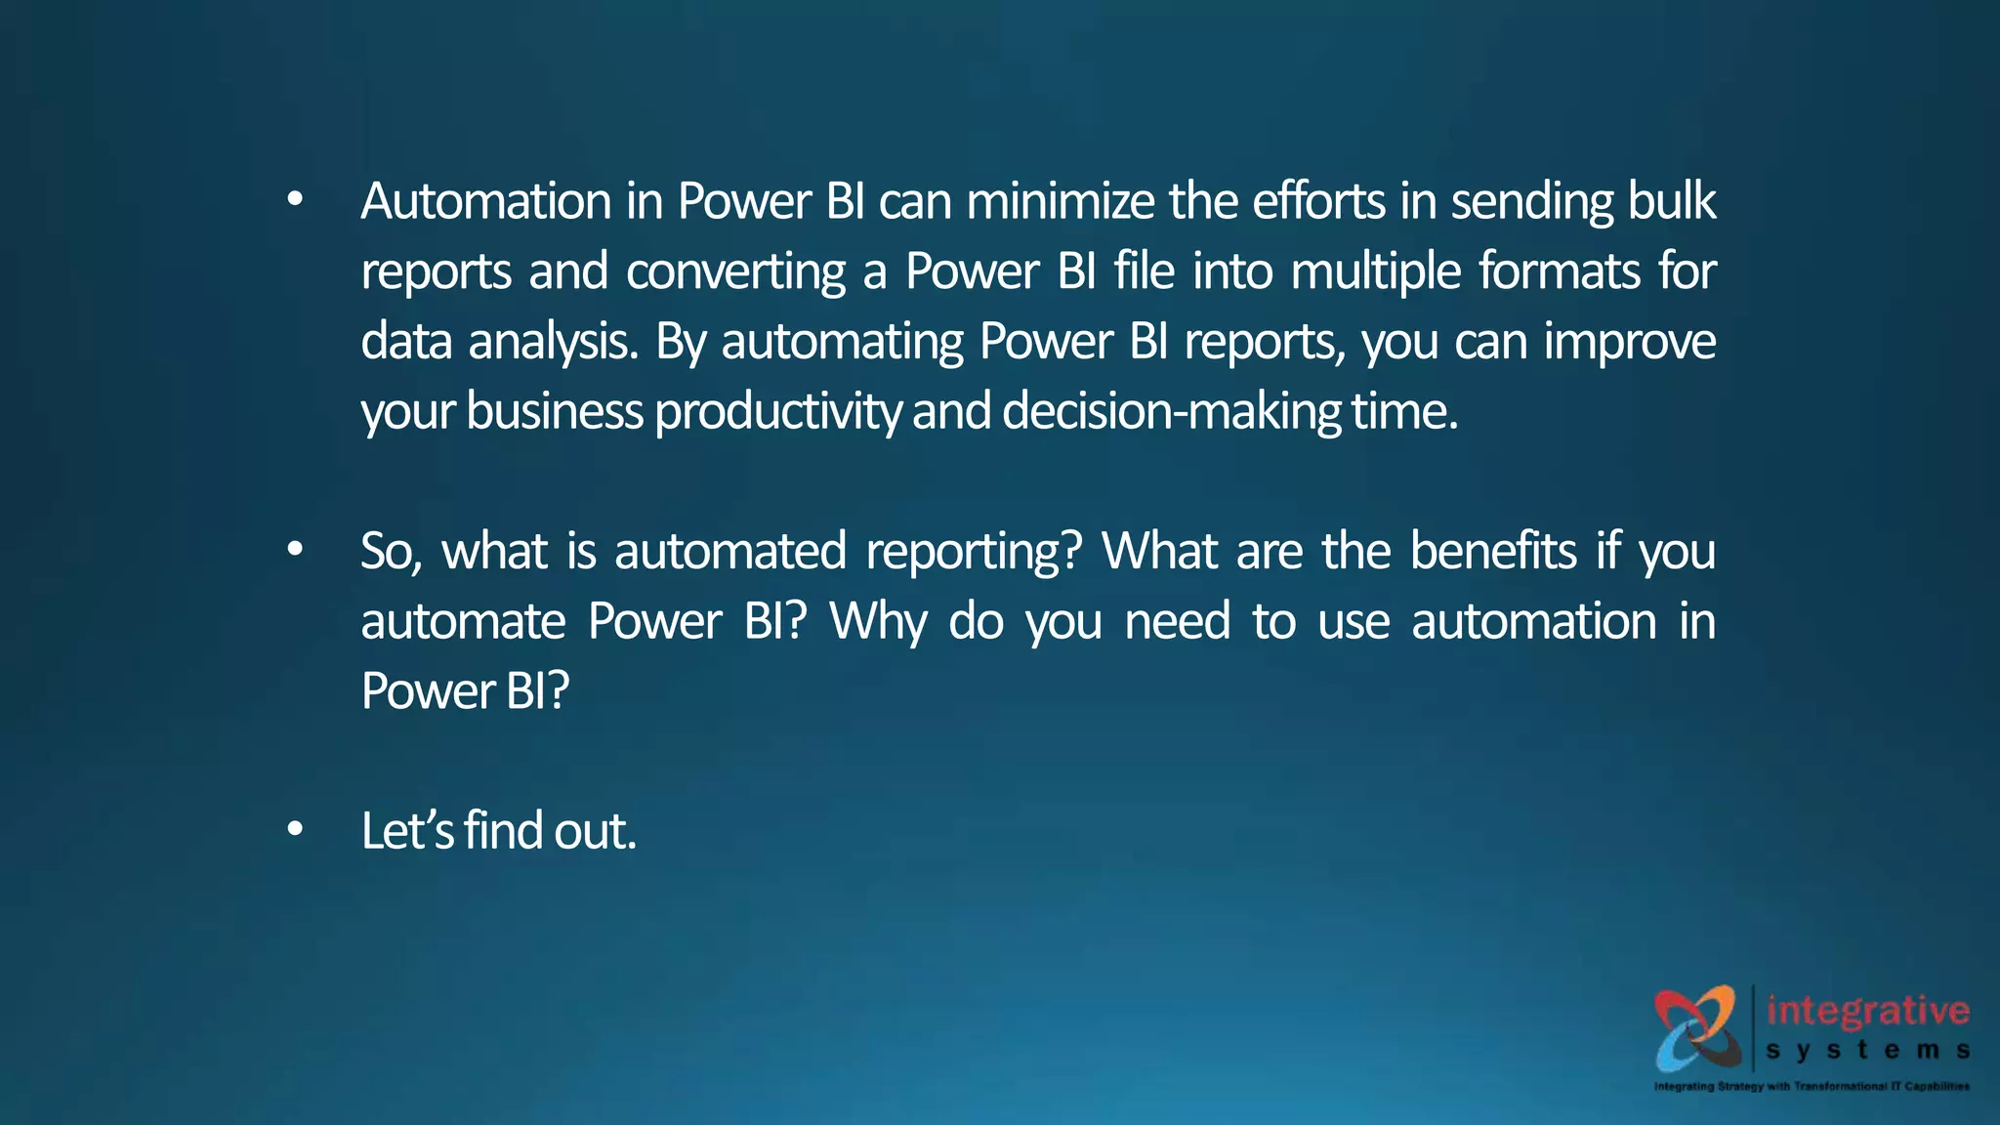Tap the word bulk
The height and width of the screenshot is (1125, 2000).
click(1671, 201)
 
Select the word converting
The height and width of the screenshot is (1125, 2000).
click(735, 271)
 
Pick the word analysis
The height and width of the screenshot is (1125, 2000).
click(553, 342)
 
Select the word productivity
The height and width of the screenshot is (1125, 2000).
click(777, 412)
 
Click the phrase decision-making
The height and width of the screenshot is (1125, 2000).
click(1171, 412)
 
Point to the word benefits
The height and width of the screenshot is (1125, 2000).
click(1493, 552)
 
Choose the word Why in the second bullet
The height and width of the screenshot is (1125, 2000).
click(878, 622)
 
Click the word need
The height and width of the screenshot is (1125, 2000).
click(1177, 622)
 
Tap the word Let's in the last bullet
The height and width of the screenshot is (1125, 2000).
click(407, 831)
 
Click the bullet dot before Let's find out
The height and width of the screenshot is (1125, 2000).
click(295, 830)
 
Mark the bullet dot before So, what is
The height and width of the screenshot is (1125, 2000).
click(295, 550)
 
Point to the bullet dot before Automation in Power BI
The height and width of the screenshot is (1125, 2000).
click(295, 200)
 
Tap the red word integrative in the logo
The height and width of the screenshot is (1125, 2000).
click(1867, 1011)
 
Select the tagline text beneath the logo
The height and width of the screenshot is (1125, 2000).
click(1812, 1086)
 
